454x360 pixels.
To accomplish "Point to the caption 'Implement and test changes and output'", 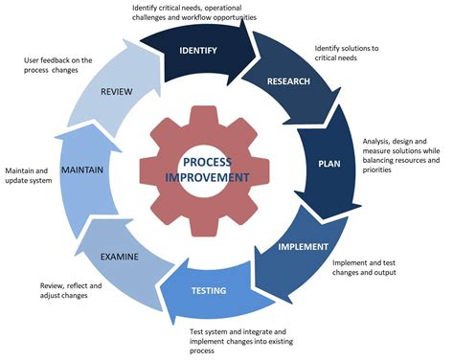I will tap(375, 266).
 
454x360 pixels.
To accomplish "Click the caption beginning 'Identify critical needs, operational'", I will tap(199, 12).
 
